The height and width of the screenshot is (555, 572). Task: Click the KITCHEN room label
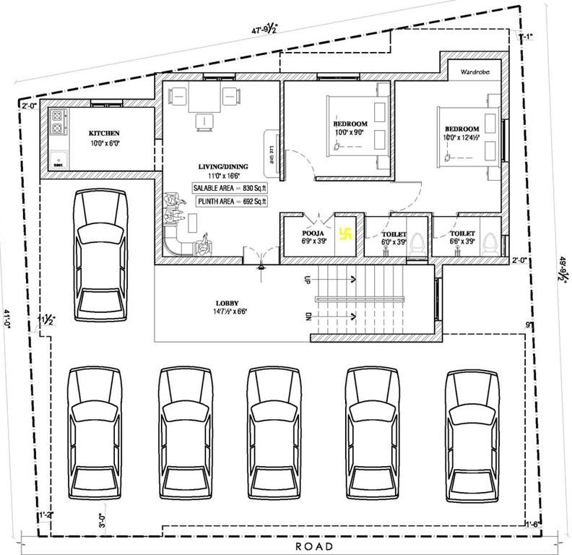[104, 133]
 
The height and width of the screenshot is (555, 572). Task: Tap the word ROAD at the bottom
[314, 546]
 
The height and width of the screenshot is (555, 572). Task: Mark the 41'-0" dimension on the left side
[6, 319]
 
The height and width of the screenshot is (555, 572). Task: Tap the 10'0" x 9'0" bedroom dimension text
[350, 132]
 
